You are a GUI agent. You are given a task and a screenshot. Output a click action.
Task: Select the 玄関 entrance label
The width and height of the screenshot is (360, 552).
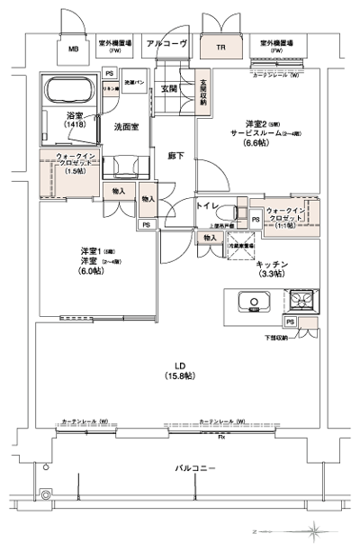point(168,89)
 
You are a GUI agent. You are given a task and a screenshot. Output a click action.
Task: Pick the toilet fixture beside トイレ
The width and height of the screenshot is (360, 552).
point(235,215)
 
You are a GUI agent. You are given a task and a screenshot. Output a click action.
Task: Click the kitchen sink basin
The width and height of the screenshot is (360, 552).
point(245,302)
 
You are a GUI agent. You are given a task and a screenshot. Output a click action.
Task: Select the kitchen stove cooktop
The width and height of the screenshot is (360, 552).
point(300,300)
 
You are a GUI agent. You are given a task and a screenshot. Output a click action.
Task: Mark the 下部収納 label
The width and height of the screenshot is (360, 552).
point(301,337)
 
